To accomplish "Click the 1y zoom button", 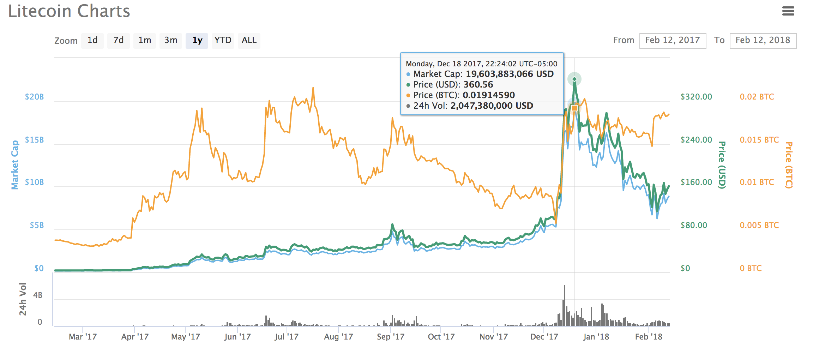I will (x=197, y=40).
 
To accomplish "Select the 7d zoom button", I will (x=119, y=40).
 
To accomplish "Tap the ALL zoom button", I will (x=249, y=40).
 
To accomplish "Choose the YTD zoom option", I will (x=223, y=40).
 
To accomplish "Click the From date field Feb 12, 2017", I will (x=672, y=40).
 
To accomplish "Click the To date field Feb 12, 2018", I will (x=763, y=40).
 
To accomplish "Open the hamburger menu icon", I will (x=788, y=11).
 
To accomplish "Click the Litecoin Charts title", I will (x=69, y=11).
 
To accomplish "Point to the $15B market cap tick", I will (x=34, y=140).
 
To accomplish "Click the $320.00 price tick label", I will (x=696, y=97).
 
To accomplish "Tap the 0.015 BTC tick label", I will (x=759, y=140).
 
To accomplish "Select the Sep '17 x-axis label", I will (x=390, y=337).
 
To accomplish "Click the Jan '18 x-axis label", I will (x=596, y=337).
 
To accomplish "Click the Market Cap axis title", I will (x=15, y=164).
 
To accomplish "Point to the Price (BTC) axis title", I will (x=789, y=164).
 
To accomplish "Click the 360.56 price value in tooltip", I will (x=478, y=85).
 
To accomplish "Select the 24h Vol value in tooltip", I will (x=492, y=106).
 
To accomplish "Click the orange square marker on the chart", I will (x=574, y=108).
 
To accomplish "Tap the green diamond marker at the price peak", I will (x=574, y=79).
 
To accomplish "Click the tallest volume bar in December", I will (x=564, y=306).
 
